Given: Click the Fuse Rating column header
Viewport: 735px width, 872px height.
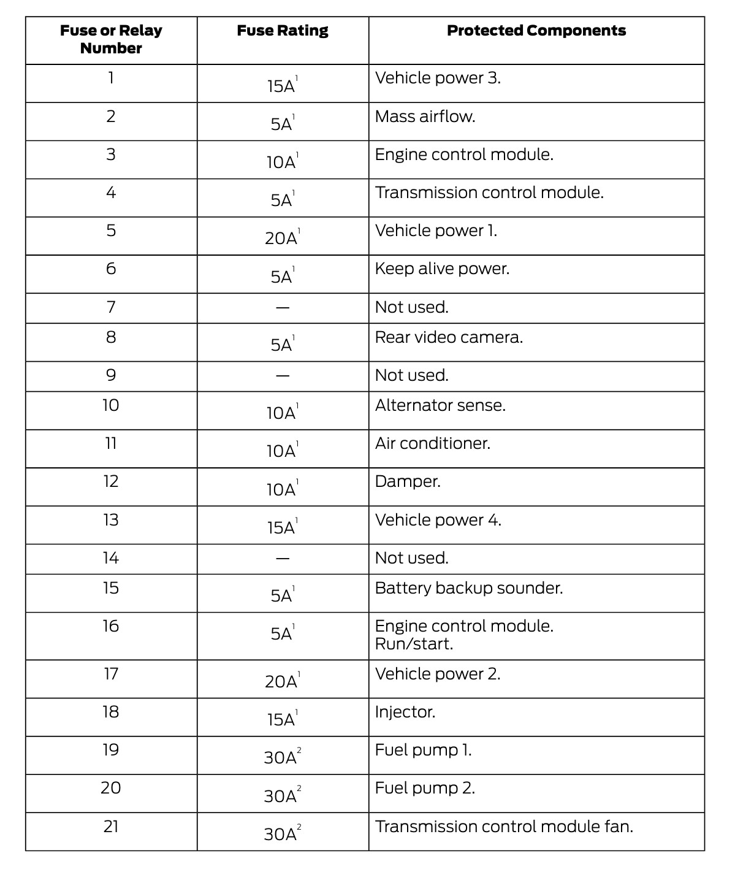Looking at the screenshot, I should point(283,31).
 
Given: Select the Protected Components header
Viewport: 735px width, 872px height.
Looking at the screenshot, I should point(536,31).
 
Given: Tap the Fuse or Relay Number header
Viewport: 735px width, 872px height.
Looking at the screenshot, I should point(111,39).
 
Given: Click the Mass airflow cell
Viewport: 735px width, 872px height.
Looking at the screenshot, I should point(425,117).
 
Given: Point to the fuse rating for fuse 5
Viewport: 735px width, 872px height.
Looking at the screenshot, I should point(281,238).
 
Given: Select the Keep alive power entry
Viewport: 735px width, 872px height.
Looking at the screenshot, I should point(442,269).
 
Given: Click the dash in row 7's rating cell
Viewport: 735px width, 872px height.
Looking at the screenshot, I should point(283,307).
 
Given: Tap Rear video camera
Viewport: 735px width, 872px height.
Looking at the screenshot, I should point(449,337).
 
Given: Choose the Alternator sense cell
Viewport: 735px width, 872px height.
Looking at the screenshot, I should point(440,405).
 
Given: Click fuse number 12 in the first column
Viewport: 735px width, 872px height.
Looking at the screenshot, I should point(111,481).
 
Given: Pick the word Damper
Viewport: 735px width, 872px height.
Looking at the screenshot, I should point(408,481).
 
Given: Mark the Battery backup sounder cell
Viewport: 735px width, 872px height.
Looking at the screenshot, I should point(468,588).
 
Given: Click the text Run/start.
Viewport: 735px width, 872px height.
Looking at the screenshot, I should point(414,644).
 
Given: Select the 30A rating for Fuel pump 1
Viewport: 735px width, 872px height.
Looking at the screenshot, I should point(281,757).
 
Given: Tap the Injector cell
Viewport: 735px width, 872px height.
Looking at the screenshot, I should point(405,712).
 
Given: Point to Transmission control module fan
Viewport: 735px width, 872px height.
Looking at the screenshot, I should point(504,827).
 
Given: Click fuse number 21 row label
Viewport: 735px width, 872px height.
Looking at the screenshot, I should point(111,827).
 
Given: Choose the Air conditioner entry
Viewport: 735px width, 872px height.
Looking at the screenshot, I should point(432,443).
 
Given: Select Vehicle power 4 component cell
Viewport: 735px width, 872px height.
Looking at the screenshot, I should point(438,520).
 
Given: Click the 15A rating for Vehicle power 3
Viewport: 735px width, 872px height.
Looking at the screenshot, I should point(281,86).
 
